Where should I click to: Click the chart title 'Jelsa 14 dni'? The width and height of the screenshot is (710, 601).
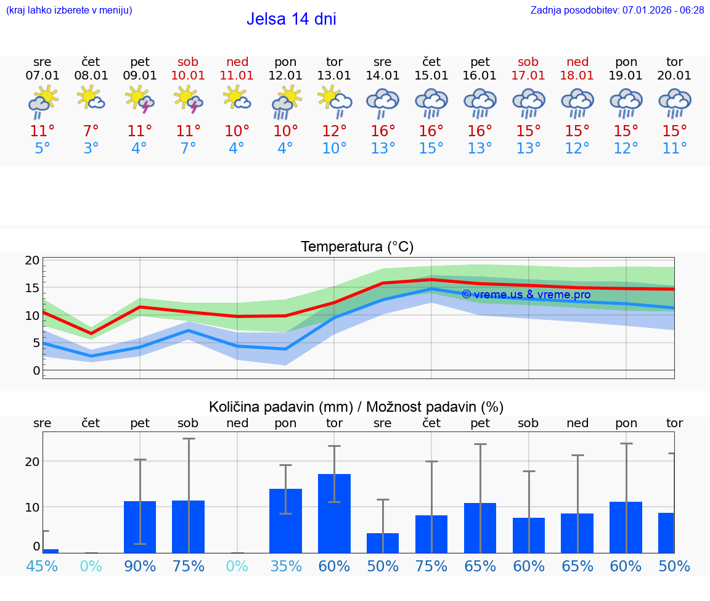291,19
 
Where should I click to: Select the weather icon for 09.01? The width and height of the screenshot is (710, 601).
140,99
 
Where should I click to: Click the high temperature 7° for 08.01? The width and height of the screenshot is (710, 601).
91,131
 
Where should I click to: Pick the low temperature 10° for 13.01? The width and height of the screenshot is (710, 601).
334,149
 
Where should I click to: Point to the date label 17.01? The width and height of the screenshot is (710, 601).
528,76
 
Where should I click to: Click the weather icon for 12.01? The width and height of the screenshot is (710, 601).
285,100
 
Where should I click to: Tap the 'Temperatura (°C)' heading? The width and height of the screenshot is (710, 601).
357,247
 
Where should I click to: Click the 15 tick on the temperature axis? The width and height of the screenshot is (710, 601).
33,288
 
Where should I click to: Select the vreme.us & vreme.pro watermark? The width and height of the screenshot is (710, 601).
526,295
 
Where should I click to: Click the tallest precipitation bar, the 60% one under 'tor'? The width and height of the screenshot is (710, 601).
334,513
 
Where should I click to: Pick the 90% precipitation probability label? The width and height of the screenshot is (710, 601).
140,566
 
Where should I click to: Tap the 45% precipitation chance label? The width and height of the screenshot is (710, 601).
43,566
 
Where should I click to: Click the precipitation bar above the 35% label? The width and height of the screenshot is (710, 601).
285,520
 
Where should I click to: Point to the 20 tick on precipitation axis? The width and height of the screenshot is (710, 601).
33,462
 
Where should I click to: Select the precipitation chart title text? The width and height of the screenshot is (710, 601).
356,407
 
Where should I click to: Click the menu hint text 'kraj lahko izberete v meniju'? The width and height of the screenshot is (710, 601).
68,10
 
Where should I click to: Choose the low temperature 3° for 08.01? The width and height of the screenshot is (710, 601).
91,149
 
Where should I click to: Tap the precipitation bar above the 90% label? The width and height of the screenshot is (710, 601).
140,526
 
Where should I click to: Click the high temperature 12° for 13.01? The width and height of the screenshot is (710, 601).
334,131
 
